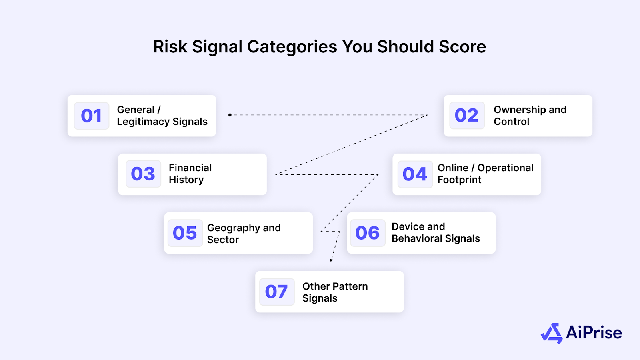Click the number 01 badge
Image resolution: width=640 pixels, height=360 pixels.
[92, 116]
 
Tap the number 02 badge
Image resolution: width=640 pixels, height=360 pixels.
[467, 116]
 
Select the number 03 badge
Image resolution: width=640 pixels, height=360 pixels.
[143, 174]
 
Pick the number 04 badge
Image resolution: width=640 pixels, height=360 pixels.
[415, 174]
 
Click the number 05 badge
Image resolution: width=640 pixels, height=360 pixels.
[185, 233]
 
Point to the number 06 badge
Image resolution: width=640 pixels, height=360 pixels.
[368, 233]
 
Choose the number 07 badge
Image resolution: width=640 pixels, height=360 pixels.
[276, 292]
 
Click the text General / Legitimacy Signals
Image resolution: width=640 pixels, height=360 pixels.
[162, 116]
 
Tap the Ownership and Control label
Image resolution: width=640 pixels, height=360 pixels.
[530, 116]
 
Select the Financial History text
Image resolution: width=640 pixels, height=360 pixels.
[190, 174]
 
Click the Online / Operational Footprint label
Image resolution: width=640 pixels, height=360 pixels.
[485, 174]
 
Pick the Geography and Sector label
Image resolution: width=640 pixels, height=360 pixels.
[244, 234]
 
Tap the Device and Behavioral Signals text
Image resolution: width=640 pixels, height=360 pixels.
[435, 232]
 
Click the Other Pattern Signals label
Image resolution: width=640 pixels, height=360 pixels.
[335, 292]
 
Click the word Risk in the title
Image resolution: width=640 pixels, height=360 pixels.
[170, 47]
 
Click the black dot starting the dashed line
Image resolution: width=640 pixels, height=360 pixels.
[230, 115]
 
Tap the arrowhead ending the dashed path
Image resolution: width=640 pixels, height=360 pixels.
[331, 260]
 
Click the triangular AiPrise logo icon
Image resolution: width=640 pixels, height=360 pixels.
[552, 334]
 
